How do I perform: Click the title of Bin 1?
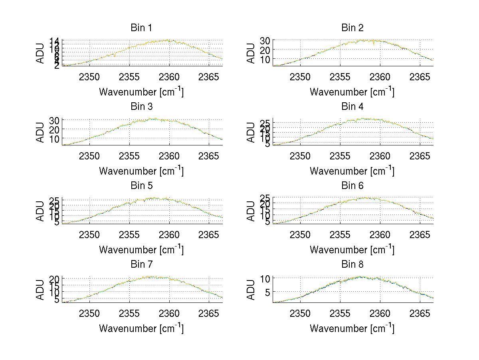click(x=141, y=28)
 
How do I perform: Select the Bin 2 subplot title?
click(x=352, y=28)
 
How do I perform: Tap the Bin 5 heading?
click(x=141, y=185)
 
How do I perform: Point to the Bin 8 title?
click(x=352, y=264)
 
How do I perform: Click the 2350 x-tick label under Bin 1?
click(x=89, y=77)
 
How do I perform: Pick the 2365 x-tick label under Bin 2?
click(x=420, y=77)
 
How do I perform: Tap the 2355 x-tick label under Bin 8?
click(x=340, y=313)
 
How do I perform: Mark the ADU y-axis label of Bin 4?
click(x=251, y=132)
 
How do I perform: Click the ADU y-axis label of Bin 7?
click(x=40, y=290)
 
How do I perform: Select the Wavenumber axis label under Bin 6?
click(x=352, y=250)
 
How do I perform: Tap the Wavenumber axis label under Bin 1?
click(x=141, y=92)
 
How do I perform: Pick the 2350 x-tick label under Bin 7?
click(x=89, y=313)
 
